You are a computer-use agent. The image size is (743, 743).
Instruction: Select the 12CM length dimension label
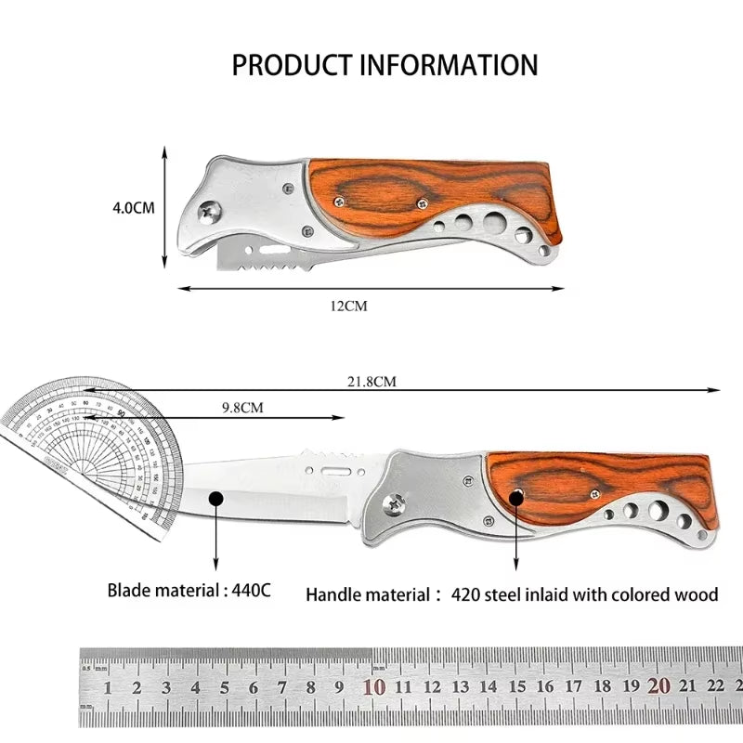click(350, 306)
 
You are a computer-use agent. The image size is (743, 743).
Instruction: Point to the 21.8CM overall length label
click(371, 381)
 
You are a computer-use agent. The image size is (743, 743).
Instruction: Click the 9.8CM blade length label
click(242, 407)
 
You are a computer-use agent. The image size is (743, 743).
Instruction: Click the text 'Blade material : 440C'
click(189, 590)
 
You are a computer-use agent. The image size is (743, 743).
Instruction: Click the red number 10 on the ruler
click(374, 687)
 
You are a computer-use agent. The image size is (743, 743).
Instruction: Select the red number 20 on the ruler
click(658, 687)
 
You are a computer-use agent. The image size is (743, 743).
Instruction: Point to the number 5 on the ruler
click(224, 688)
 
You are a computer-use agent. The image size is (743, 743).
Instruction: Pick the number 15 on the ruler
click(516, 688)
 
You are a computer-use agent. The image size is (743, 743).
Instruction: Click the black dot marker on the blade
click(216, 499)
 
